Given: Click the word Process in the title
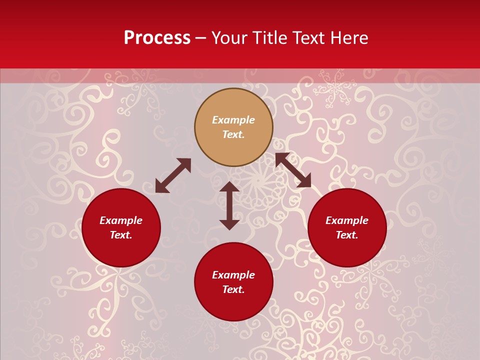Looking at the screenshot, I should tap(157, 38).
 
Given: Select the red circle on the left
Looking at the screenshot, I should tap(121, 250).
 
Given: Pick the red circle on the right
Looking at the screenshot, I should tap(347, 250).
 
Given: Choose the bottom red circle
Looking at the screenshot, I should tap(233, 305).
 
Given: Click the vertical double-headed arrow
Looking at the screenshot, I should tap(229, 205).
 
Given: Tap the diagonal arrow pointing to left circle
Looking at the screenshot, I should tap(173, 175).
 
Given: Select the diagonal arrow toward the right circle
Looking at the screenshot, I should tap(293, 170).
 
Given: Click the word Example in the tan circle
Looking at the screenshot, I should tap(233, 120).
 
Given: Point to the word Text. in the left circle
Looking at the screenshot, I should tap(121, 235).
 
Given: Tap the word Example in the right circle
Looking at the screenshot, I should tap(347, 220).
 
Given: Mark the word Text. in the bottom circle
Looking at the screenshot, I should tap(233, 289).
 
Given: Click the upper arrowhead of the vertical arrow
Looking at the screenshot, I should tap(229, 187).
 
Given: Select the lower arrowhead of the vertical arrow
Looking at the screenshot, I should tap(229, 224).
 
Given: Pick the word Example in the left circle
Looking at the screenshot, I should tap(121, 220).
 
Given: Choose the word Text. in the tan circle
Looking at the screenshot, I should tap(233, 134).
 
